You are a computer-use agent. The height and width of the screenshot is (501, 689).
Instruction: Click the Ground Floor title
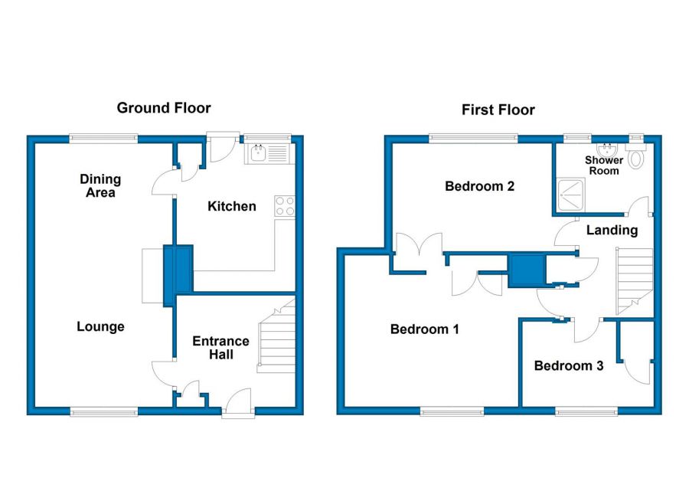(164, 108)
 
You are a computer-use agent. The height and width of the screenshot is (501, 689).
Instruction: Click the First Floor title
(498, 110)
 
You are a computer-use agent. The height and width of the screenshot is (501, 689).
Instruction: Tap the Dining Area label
(100, 185)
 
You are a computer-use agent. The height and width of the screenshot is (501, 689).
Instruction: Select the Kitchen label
(231, 206)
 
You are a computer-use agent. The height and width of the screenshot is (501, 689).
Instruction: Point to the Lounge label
(100, 326)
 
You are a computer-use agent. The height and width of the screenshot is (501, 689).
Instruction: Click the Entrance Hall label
(220, 348)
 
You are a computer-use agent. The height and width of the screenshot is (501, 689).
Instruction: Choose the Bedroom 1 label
(424, 329)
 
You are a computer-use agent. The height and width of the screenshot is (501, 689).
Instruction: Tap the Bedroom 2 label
(479, 186)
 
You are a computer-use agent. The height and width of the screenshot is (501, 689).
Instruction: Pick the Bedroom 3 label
(569, 365)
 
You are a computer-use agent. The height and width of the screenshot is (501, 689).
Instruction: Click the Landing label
(612, 230)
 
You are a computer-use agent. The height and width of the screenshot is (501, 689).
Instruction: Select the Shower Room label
(604, 165)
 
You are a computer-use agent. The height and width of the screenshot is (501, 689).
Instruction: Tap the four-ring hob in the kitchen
(285, 206)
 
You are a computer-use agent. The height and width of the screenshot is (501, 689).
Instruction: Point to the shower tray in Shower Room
(571, 194)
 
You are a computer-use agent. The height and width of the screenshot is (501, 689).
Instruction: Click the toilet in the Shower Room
(636, 156)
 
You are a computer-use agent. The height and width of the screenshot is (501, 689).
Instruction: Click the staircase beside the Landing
(635, 281)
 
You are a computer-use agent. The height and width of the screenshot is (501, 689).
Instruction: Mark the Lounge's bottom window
(103, 411)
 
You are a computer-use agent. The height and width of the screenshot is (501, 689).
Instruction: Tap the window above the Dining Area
(103, 139)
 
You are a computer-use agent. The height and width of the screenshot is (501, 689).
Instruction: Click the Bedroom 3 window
(586, 411)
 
